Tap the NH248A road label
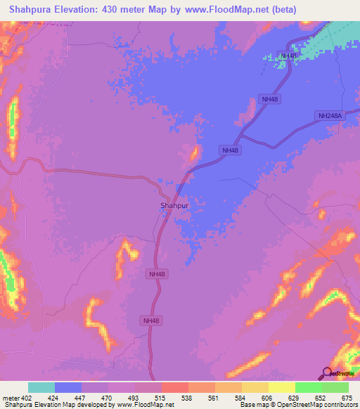330,116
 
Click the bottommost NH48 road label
151,320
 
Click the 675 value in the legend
347,398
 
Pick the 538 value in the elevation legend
186,398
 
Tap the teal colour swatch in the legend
41,387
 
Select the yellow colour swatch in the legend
281,387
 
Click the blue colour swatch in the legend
68,387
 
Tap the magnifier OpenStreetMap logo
328,373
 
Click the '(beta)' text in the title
282,9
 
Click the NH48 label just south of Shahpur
157,274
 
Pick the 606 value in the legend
266,398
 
